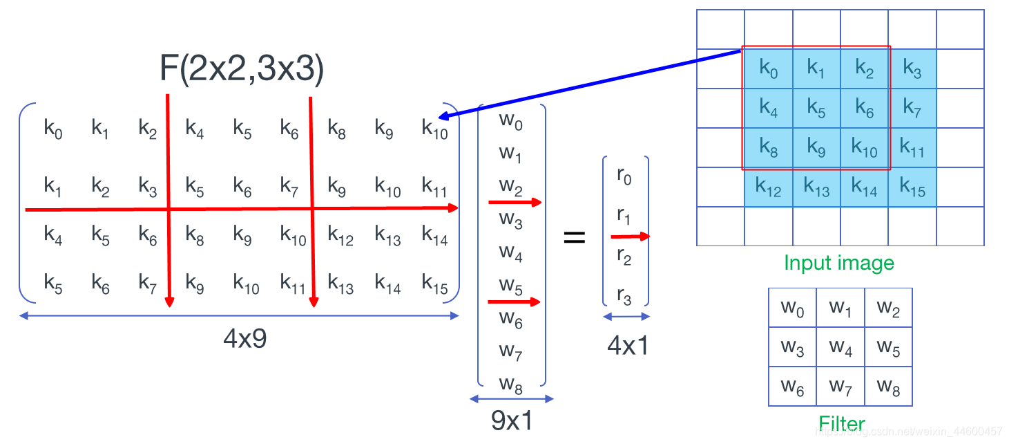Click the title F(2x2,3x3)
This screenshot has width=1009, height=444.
coord(242,71)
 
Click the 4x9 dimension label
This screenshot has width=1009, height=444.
coord(244,339)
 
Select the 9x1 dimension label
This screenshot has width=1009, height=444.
coord(511,420)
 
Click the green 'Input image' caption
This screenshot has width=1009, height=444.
coord(838,263)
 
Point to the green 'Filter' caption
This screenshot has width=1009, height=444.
coord(841,423)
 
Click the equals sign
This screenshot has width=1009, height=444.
coord(575,238)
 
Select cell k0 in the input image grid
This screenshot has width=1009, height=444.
coord(768,68)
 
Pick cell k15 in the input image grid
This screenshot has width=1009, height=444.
coord(912,187)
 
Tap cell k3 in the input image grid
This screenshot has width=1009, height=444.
coord(912,70)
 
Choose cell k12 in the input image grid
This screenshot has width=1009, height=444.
coord(768,187)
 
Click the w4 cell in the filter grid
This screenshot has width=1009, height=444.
coord(840,347)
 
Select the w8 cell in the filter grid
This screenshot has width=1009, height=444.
coord(888,387)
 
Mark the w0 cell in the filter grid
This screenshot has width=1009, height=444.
coord(792,308)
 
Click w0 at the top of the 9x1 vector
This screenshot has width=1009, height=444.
coord(511,122)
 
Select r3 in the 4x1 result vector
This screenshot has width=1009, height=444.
coord(624,297)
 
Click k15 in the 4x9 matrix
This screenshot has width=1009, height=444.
coord(434,284)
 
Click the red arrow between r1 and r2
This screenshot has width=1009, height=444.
coord(630,237)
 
